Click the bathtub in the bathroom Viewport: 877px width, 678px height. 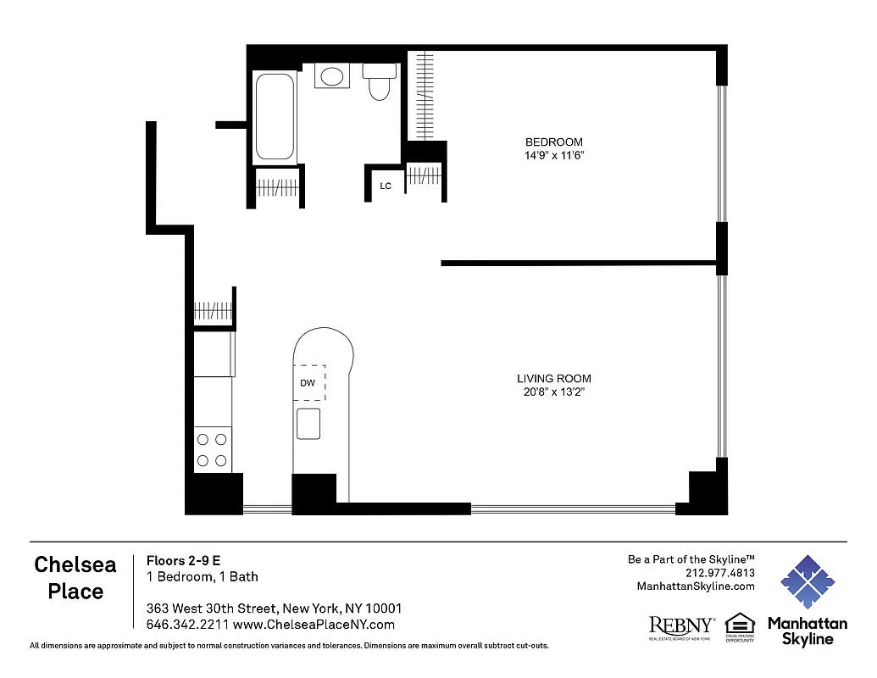(275, 117)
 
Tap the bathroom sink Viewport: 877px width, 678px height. (330, 76)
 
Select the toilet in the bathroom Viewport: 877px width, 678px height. (379, 82)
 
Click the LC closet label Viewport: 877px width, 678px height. (386, 186)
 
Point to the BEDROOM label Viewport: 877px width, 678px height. (554, 142)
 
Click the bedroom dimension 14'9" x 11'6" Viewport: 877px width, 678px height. (554, 156)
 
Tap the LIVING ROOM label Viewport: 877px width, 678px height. (554, 379)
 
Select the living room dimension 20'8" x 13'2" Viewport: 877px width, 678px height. (554, 392)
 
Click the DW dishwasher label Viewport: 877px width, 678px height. (308, 383)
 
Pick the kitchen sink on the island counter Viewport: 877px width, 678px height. (308, 424)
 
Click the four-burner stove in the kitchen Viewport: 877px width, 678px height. (212, 450)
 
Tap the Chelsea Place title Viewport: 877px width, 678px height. (75, 577)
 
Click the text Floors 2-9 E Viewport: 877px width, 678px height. (184, 560)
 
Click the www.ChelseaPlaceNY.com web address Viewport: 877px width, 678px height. (314, 625)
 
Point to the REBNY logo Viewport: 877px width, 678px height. (680, 625)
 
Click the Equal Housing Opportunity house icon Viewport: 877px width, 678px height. (740, 624)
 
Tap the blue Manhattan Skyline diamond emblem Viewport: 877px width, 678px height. (807, 582)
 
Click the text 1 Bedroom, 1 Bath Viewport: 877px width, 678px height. (203, 577)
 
